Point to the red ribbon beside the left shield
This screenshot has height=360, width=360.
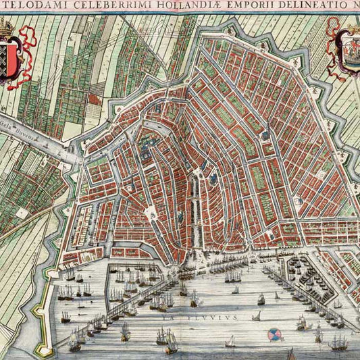[x=28, y=54]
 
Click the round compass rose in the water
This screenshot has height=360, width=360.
[x=275, y=333]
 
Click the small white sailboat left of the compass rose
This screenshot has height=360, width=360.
[x=257, y=316]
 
